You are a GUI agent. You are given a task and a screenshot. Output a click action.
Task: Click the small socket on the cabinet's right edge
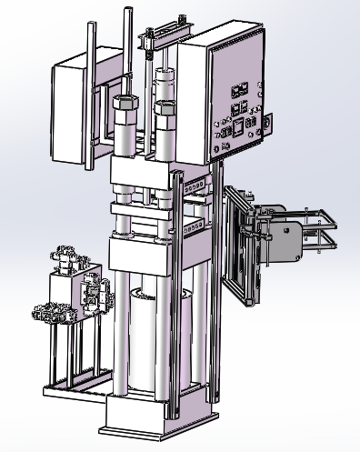(x=267, y=119)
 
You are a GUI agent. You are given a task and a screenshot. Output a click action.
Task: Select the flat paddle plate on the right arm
(x=291, y=241)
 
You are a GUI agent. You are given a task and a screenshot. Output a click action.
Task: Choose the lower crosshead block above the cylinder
(x=136, y=255)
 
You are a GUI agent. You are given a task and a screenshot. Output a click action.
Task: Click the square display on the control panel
(x=237, y=126)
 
